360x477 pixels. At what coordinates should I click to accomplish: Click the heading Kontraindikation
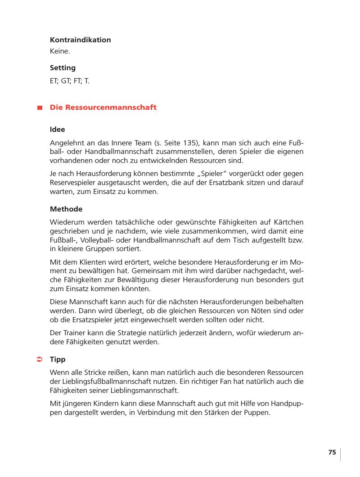tap(80, 40)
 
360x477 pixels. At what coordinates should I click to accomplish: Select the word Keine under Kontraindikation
tap(59, 52)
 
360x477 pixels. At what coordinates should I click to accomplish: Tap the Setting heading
tap(63, 68)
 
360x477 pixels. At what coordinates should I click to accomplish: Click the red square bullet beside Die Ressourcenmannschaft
tap(40, 108)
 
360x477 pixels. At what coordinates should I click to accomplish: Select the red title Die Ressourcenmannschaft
tap(103, 108)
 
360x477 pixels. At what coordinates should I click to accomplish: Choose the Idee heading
tap(57, 130)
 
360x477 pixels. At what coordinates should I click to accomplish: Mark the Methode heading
tap(66, 209)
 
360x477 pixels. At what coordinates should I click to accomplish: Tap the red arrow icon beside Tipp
tap(39, 359)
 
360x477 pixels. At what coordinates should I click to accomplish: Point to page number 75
tap(332, 453)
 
